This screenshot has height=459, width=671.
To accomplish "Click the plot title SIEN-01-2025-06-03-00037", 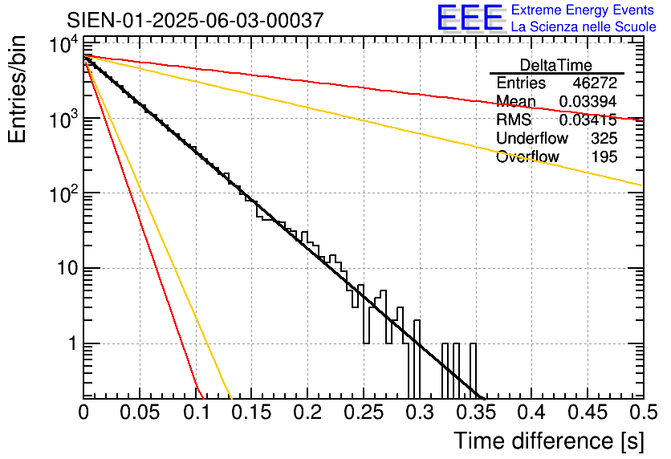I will [195, 20].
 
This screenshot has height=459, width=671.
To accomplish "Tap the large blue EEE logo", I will [469, 18].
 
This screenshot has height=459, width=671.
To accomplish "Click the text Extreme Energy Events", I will [584, 10].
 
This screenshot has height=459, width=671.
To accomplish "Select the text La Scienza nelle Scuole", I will [584, 26].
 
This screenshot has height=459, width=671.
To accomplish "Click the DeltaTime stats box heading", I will [555, 65].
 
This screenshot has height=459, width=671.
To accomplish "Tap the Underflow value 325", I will [604, 139].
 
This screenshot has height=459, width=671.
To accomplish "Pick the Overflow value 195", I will [604, 157].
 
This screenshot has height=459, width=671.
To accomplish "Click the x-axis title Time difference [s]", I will [547, 441].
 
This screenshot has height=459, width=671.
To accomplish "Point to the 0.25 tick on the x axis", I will [363, 412].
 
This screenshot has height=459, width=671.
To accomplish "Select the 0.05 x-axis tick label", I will [140, 412].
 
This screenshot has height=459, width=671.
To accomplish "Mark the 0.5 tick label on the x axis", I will [641, 412].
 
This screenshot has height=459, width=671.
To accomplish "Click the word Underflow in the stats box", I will [531, 139].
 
